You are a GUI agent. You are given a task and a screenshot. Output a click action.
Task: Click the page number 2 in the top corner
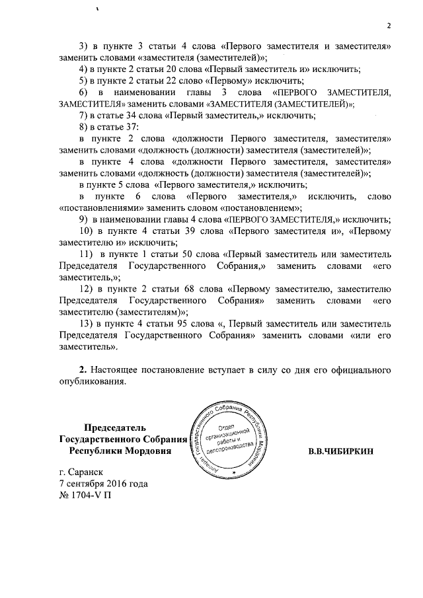click(389, 26)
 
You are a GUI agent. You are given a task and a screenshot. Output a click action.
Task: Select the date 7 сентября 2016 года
click(103, 483)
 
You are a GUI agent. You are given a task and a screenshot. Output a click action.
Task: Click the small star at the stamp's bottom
click(234, 473)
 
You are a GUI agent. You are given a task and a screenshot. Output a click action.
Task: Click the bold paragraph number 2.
click(83, 369)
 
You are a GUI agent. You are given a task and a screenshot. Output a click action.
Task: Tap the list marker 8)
click(83, 126)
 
